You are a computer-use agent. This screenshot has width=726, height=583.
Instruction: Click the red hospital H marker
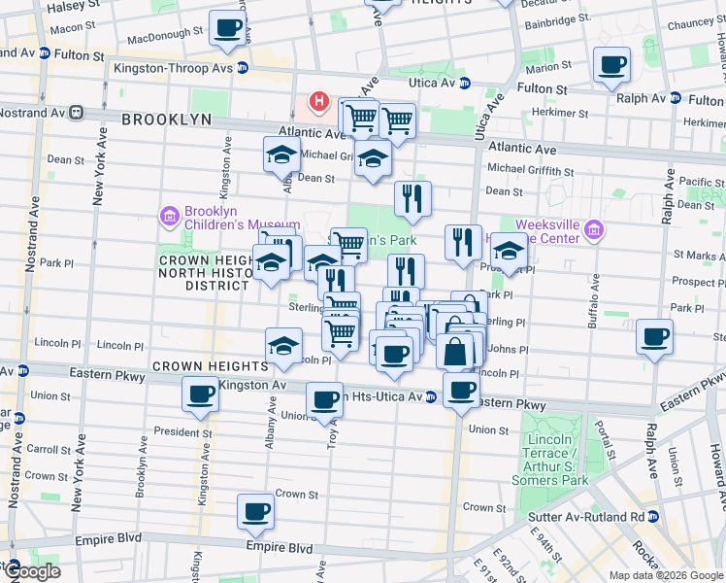click(318, 101)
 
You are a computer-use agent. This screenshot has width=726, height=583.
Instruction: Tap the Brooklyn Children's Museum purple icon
click(170, 215)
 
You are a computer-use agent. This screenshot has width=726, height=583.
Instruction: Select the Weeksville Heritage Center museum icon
click(594, 231)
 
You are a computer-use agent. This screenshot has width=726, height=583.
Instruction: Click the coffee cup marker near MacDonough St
click(227, 28)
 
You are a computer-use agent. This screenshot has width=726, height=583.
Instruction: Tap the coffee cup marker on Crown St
click(256, 511)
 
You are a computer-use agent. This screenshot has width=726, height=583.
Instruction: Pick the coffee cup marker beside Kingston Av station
click(201, 394)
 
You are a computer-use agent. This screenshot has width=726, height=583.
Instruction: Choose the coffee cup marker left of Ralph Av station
click(612, 66)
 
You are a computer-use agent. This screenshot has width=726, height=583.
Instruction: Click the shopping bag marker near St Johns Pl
click(455, 352)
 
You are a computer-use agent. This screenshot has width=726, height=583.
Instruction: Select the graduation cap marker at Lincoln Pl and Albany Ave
click(283, 346)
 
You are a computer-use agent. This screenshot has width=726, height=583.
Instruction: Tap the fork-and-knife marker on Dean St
click(413, 198)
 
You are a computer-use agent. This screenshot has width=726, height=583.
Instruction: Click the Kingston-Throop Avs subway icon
click(242, 68)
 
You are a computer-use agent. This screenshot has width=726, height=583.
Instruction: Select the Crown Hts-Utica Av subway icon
click(430, 396)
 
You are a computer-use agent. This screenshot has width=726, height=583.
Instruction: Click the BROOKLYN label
click(166, 119)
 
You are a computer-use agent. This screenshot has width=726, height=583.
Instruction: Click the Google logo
click(31, 571)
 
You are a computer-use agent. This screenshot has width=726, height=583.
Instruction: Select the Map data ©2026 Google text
click(666, 575)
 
